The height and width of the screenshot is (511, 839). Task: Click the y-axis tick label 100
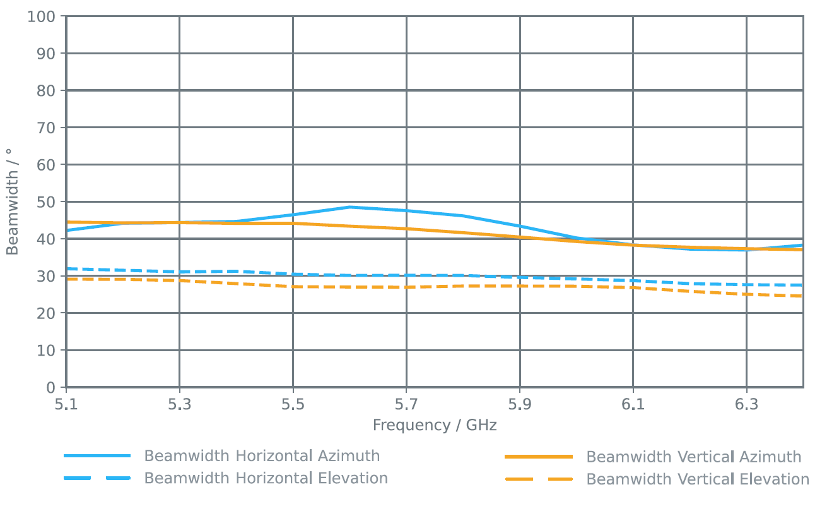coord(41,16)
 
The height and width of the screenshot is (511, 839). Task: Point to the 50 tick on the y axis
coord(47,202)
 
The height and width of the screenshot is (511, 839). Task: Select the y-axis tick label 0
coord(50,387)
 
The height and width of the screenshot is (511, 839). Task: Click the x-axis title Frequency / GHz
coord(435,425)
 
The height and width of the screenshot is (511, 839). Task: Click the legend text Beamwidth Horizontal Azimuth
coord(262,456)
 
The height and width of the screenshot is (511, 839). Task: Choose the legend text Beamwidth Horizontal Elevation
coord(266,478)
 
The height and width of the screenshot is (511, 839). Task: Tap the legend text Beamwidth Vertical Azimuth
coord(694,457)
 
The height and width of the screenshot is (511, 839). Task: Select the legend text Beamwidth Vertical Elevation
coord(698,479)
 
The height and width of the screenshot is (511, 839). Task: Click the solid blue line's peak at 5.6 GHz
coord(349,207)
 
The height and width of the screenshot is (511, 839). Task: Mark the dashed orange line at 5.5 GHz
coord(293,287)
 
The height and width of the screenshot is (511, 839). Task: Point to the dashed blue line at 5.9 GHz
coord(520,277)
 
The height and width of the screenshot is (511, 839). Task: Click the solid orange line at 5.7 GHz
coord(406,229)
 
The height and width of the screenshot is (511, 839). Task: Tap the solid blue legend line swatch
coord(97,456)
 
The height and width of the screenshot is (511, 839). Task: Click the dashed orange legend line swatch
coord(539,479)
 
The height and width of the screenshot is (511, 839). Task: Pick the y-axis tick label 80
coord(47,90)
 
